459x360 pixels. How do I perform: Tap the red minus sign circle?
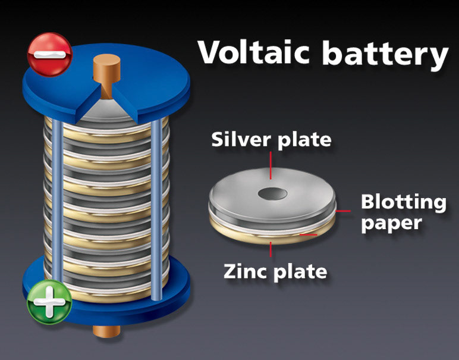pyautogui.click(x=49, y=54)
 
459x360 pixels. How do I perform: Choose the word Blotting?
pyautogui.click(x=403, y=202)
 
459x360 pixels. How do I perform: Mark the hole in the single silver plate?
pyautogui.click(x=271, y=193)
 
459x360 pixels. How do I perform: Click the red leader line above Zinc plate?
pyautogui.click(x=271, y=248)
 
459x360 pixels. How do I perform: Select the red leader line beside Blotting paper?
pyautogui.click(x=344, y=210)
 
